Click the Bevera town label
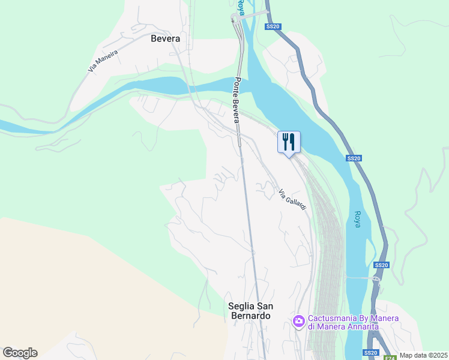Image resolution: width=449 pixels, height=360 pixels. coord(165,38)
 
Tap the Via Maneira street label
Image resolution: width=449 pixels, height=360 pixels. coord(103,61)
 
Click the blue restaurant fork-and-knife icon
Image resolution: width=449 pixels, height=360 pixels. coord(289,142)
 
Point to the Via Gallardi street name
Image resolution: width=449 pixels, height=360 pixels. coord(292,200)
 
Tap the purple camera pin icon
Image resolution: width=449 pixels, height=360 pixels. coord(298,322)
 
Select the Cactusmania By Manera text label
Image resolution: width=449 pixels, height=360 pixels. coord(343,318)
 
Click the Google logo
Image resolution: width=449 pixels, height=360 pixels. coord(20,353)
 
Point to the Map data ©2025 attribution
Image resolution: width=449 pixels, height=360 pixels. coord(423,355)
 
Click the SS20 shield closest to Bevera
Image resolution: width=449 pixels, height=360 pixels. coord(273,26)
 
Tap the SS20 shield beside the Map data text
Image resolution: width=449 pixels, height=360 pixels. coord(370,352)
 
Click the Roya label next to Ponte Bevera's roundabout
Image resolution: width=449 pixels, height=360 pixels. coord(240,7)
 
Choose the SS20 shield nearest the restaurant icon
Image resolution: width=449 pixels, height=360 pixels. coord(354,158)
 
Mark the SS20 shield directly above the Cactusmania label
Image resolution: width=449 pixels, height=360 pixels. coord(381,265)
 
